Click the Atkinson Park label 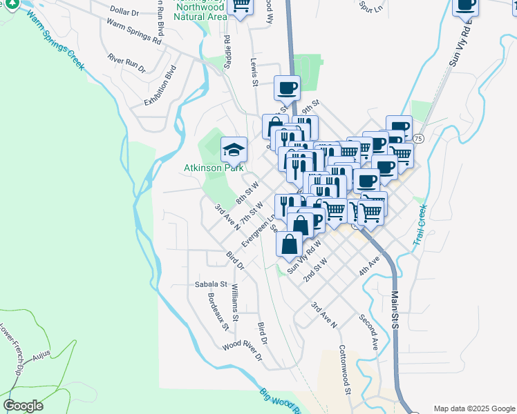point(211,168)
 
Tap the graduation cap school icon point(234,149)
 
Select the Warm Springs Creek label point(55,41)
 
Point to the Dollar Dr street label point(124,12)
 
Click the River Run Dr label point(126,65)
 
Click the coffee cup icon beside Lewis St point(287,88)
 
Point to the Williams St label point(235,303)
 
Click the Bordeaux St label point(217,311)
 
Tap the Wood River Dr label point(243,351)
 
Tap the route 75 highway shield point(418,139)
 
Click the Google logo point(23,405)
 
